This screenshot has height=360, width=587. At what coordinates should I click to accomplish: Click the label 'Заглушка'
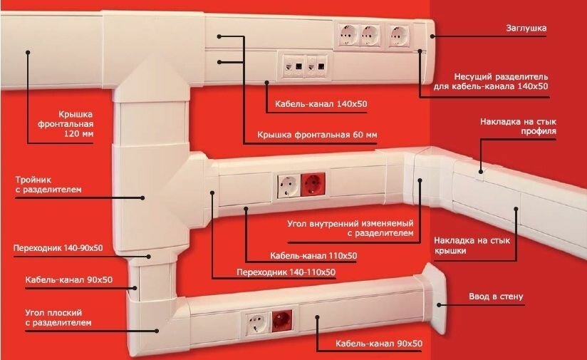pyautogui.click(x=526, y=29)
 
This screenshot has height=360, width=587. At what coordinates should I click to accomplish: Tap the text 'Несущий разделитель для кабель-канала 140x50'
pyautogui.click(x=502, y=81)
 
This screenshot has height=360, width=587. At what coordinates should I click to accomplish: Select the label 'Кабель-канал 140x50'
pyautogui.click(x=321, y=105)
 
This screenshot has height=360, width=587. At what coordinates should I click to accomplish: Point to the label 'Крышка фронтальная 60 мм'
pyautogui.click(x=317, y=135)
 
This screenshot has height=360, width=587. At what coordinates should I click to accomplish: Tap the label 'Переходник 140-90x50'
pyautogui.click(x=58, y=248)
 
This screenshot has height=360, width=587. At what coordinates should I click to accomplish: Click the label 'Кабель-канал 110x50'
pyautogui.click(x=313, y=256)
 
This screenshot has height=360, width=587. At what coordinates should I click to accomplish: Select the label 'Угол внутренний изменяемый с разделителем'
pyautogui.click(x=350, y=228)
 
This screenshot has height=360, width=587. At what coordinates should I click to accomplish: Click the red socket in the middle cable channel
pyautogui.click(x=311, y=186)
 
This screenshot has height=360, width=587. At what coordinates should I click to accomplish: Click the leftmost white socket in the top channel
pyautogui.click(x=348, y=34)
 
